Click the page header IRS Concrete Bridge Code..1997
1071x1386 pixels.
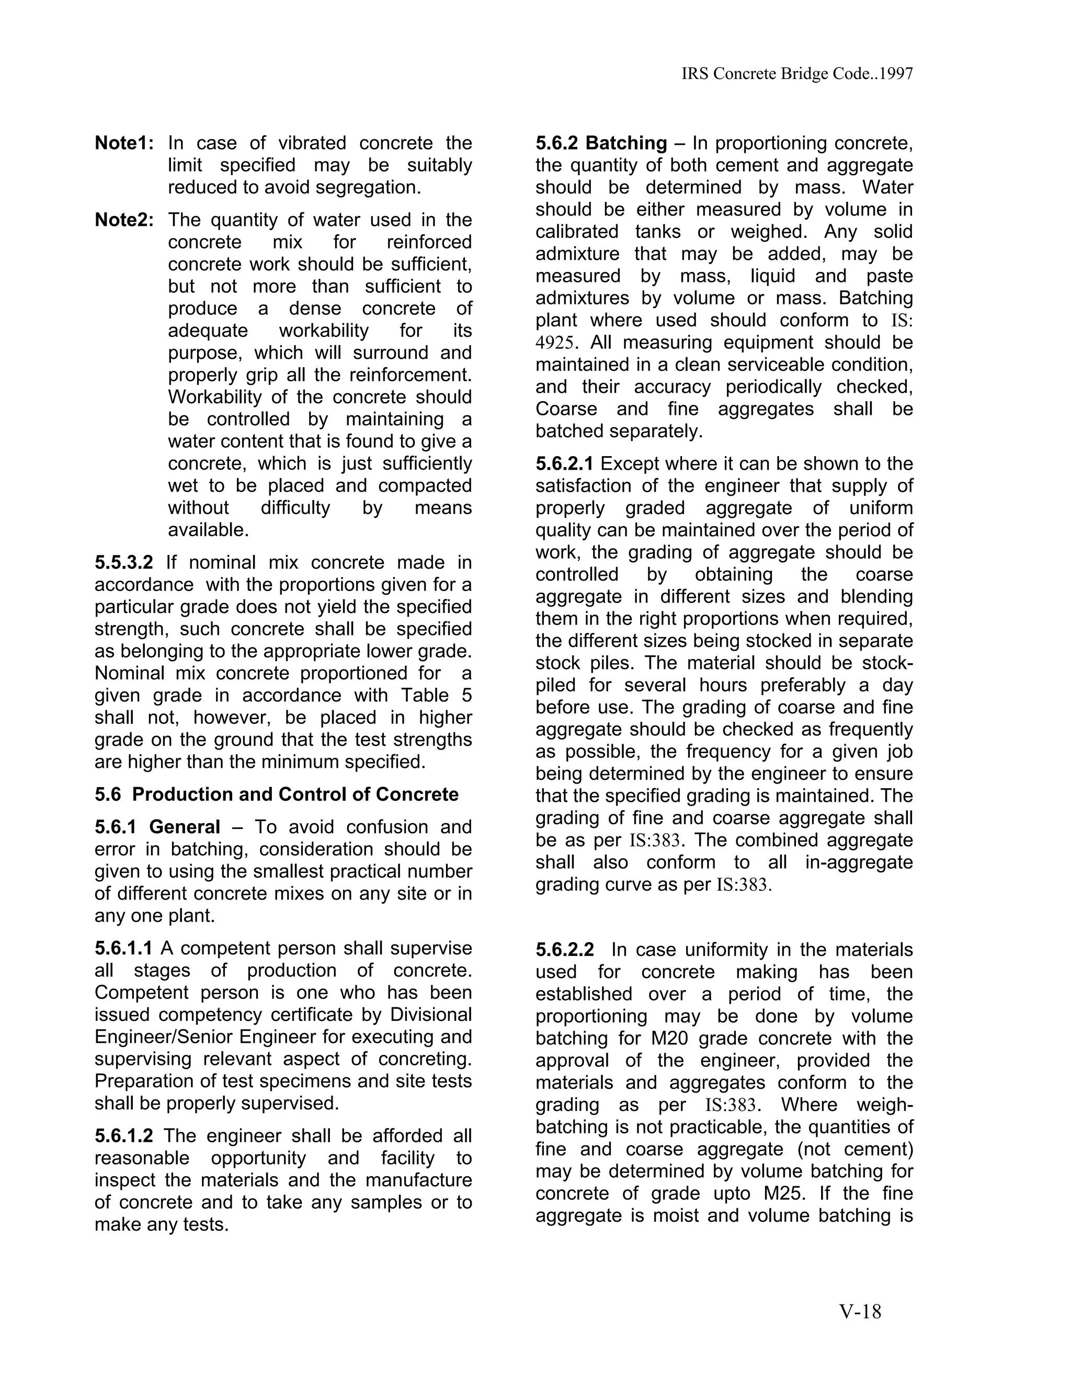[797, 74]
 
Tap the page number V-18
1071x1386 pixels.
[860, 1311]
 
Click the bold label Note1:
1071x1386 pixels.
[124, 143]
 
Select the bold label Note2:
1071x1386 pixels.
[124, 220]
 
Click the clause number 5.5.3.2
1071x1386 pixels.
[124, 562]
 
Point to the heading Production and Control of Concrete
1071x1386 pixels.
[295, 794]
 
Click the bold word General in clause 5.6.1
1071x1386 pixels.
[185, 827]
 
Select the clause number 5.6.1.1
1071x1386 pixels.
[124, 948]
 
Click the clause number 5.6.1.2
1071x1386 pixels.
[124, 1135]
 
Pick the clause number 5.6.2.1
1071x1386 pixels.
[565, 464]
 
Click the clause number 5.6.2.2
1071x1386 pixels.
[565, 950]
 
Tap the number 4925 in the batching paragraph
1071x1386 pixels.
[555, 343]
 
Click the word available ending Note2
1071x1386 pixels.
[208, 530]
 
